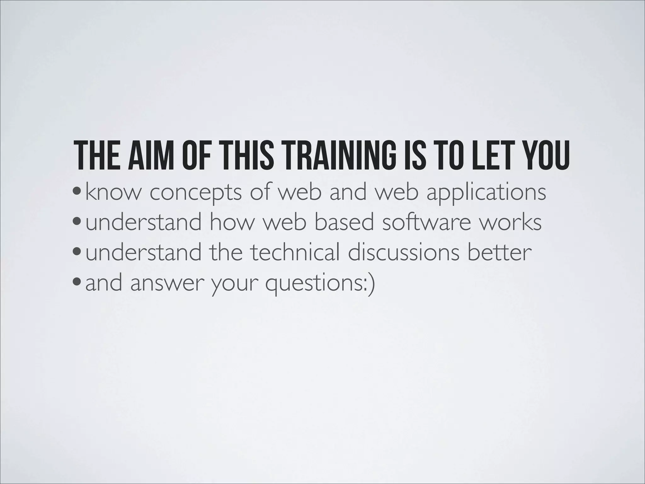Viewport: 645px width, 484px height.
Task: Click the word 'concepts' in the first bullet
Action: pyautogui.click(x=195, y=193)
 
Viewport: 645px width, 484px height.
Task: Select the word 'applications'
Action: pyautogui.click(x=486, y=193)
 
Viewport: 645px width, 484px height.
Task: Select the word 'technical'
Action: pyautogui.click(x=296, y=252)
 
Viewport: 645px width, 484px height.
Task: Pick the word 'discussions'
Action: pyautogui.click(x=403, y=252)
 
